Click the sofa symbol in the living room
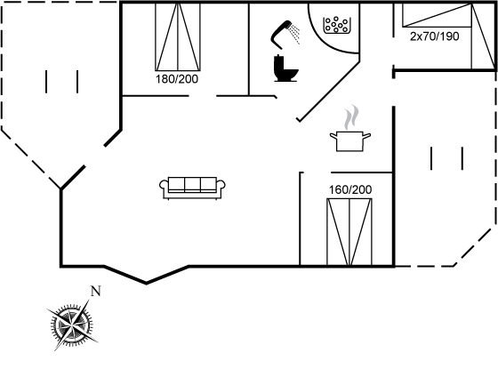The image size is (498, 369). point(192,188)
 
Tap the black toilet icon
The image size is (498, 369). point(285,68)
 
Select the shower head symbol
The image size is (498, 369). point(281,34)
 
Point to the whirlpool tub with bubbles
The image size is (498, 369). point(336,25)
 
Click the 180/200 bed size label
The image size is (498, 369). point(177,79)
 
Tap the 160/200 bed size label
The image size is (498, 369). point(350,189)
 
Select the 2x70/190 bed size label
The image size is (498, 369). point(435,36)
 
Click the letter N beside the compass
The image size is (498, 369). point(96,291)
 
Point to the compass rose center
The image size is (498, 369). point(72,325)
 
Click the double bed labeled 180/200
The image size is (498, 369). point(178,36)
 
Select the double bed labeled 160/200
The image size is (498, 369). point(349,232)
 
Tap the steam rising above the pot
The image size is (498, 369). point(351,117)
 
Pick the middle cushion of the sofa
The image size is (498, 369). point(192,184)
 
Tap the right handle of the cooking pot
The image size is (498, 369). point(366,136)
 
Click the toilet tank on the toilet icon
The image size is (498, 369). point(278,63)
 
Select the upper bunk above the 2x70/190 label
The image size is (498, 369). point(437,15)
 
